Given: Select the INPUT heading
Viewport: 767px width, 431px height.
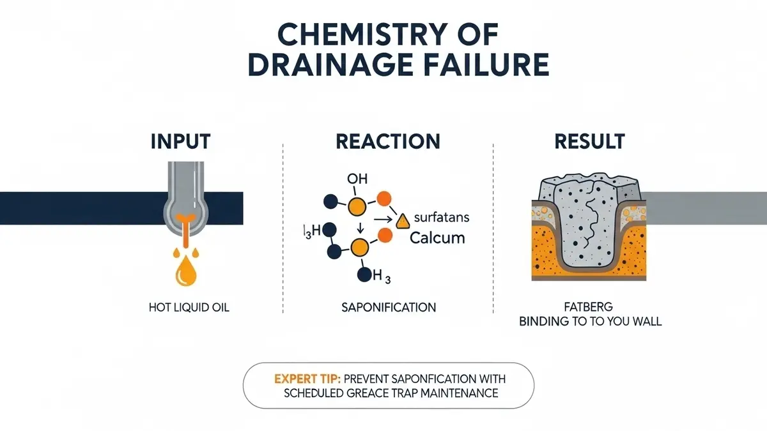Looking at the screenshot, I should pyautogui.click(x=180, y=141).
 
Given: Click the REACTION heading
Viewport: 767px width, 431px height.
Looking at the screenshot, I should pyautogui.click(x=388, y=141).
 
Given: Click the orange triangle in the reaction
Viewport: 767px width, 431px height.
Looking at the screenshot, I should pyautogui.click(x=403, y=221).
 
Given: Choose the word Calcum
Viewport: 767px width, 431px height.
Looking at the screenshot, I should pyautogui.click(x=437, y=238).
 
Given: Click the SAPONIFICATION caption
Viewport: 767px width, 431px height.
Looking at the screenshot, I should pyautogui.click(x=389, y=307).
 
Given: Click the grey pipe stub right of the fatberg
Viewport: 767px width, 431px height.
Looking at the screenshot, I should pyautogui.click(x=703, y=208).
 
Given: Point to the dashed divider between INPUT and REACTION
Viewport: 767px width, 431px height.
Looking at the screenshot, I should pyautogui.click(x=283, y=230).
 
